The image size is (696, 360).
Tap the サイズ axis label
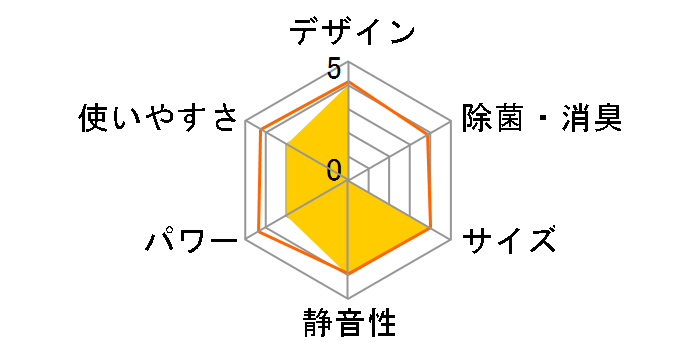click(509, 242)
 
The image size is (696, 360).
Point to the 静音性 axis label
click(348, 325)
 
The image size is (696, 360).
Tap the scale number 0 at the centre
click(333, 169)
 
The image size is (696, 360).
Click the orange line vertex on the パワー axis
click(259, 232)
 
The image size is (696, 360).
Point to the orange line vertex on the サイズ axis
click(431, 229)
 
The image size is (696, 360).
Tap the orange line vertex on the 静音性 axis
click(348, 273)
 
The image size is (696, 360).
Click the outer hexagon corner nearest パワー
click(247, 240)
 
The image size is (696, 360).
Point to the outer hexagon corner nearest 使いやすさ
click(247, 124)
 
